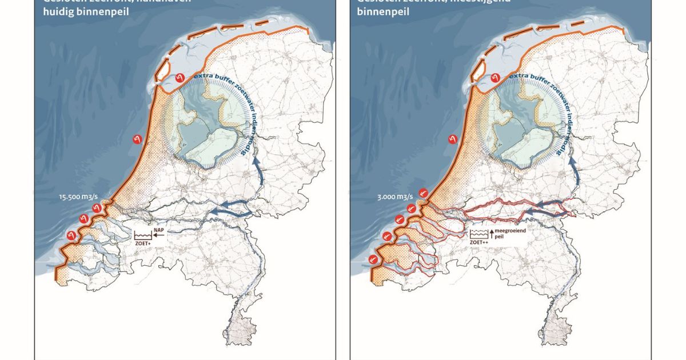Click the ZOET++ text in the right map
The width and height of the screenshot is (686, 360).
pyautogui.click(x=479, y=243)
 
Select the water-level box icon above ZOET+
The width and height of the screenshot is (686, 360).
pyautogui.click(x=142, y=234)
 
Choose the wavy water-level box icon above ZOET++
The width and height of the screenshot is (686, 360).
pyautogui.click(x=478, y=234)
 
